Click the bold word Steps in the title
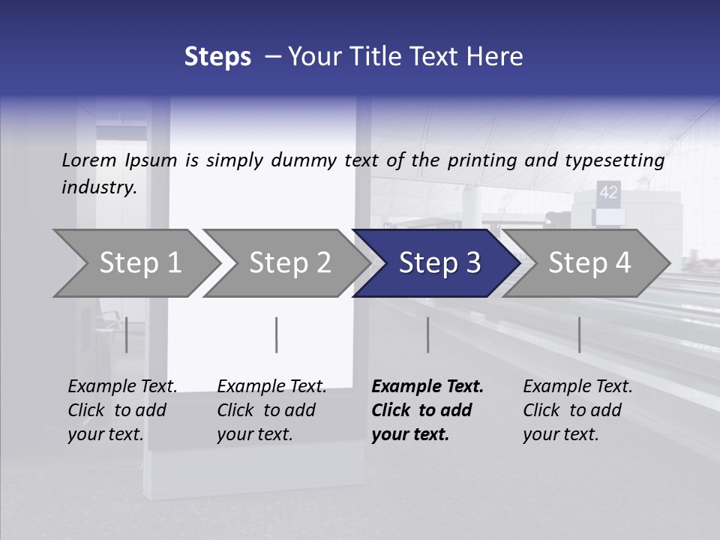coord(217,57)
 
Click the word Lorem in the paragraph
coord(89,160)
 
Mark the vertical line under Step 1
coord(126,334)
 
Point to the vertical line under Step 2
coord(277,334)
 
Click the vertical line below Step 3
coord(427,334)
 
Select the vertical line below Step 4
coord(579,334)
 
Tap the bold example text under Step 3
coord(427,410)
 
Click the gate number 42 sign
coord(608,192)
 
